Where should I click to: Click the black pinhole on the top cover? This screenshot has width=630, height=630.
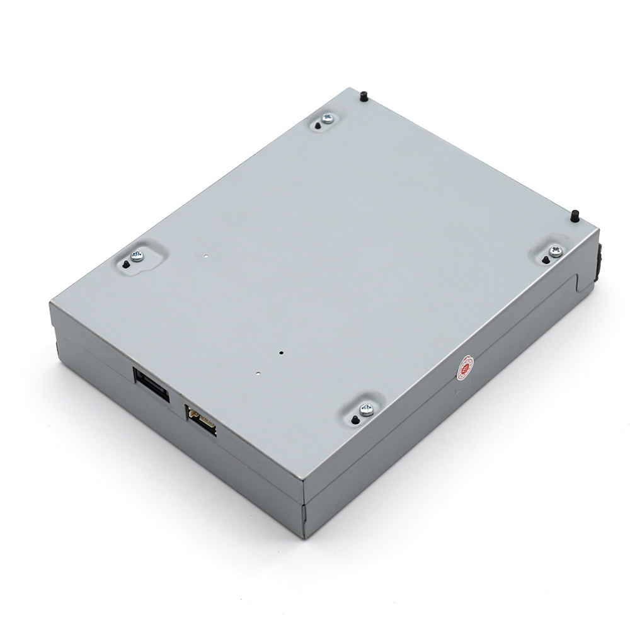[282, 353]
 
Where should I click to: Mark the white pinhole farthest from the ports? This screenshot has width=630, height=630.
[206, 256]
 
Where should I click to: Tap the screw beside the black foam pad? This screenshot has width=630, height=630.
[555, 251]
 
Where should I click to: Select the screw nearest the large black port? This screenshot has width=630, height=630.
[137, 256]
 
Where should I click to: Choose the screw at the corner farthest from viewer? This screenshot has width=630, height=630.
[326, 118]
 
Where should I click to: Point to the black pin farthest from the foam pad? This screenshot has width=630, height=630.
[364, 96]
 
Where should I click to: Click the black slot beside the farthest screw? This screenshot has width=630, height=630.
[317, 126]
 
